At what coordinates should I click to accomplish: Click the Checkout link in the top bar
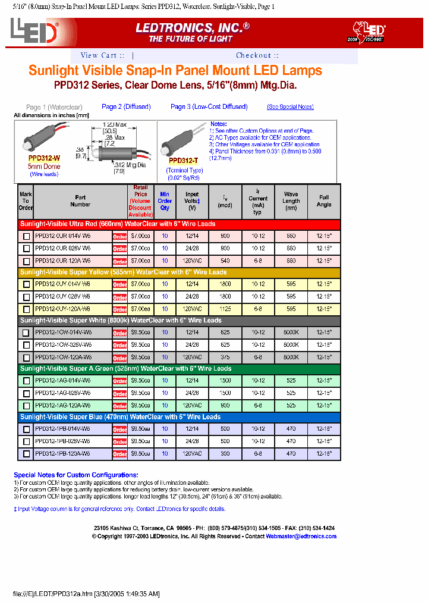[x=253, y=55]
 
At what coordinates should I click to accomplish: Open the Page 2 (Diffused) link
[x=126, y=106]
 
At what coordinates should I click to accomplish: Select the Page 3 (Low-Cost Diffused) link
[x=209, y=106]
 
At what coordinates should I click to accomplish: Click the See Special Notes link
[x=290, y=107]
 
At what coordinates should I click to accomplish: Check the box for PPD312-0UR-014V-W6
[x=26, y=236]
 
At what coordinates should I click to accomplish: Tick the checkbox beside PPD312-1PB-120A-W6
[x=26, y=454]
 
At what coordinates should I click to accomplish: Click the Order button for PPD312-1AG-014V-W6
[x=119, y=381]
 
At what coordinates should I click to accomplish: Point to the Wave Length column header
[x=291, y=201]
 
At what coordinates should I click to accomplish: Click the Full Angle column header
[x=324, y=201]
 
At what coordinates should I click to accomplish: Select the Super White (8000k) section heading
[x=121, y=321]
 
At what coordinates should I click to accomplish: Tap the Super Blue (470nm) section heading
[x=121, y=417]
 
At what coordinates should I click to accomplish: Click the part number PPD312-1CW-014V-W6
[x=63, y=333]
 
